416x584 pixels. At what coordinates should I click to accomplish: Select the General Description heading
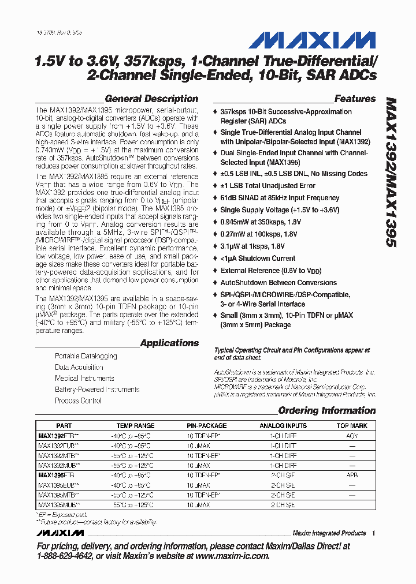coord(151,99)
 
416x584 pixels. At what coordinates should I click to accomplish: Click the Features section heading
coord(355,99)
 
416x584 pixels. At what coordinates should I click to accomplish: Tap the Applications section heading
coord(169,343)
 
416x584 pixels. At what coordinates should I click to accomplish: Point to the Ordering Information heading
coord(326,411)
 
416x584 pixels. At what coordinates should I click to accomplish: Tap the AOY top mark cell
coord(352,436)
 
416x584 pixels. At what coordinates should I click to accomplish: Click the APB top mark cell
coord(352,476)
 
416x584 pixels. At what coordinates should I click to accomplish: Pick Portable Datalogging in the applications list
coord(86,356)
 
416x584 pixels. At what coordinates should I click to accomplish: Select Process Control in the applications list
coord(78,400)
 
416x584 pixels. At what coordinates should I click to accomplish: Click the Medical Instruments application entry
coord(84,379)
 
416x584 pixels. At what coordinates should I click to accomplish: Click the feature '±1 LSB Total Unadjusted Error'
coord(268,186)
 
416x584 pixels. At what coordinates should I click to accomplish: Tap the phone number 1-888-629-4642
coord(64,556)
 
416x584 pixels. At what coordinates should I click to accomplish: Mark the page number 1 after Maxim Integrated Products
coord(374,533)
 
